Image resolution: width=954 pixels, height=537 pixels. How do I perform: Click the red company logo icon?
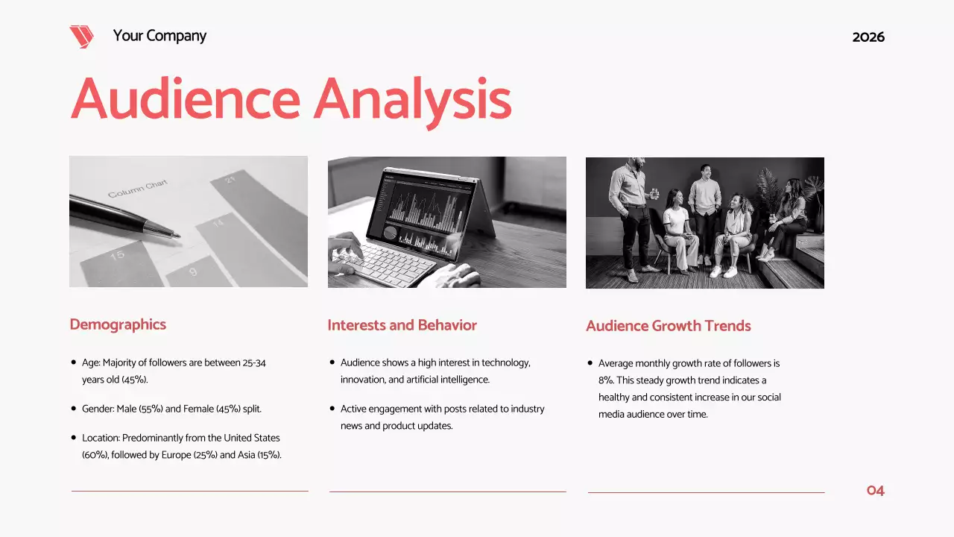click(81, 37)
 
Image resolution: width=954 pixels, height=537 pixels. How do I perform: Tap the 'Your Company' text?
click(159, 36)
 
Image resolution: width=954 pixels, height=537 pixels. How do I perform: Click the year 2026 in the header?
click(868, 37)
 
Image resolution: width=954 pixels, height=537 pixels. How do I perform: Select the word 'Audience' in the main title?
click(186, 99)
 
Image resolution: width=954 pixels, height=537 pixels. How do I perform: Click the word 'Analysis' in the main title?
click(412, 99)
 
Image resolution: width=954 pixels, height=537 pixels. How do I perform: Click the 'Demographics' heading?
click(118, 324)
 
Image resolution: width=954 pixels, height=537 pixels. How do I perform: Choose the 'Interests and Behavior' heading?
click(402, 325)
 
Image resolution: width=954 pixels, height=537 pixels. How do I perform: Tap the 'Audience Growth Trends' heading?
click(668, 326)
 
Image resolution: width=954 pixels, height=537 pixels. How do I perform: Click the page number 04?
click(875, 491)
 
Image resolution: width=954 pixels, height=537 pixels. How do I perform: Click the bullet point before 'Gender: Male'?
click(73, 409)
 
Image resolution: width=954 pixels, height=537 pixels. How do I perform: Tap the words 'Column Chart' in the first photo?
click(138, 189)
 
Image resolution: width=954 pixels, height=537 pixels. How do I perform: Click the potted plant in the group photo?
click(768, 190)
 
